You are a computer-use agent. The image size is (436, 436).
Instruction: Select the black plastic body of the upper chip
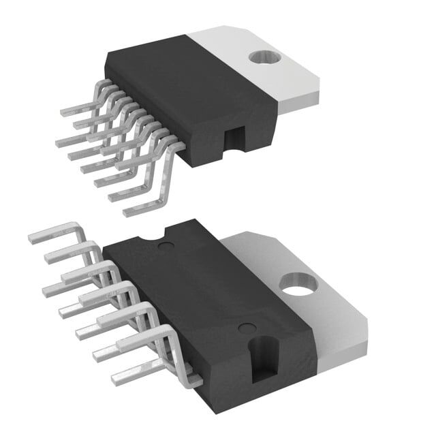(x=184, y=95)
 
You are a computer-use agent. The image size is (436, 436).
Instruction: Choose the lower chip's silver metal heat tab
(x=313, y=300)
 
